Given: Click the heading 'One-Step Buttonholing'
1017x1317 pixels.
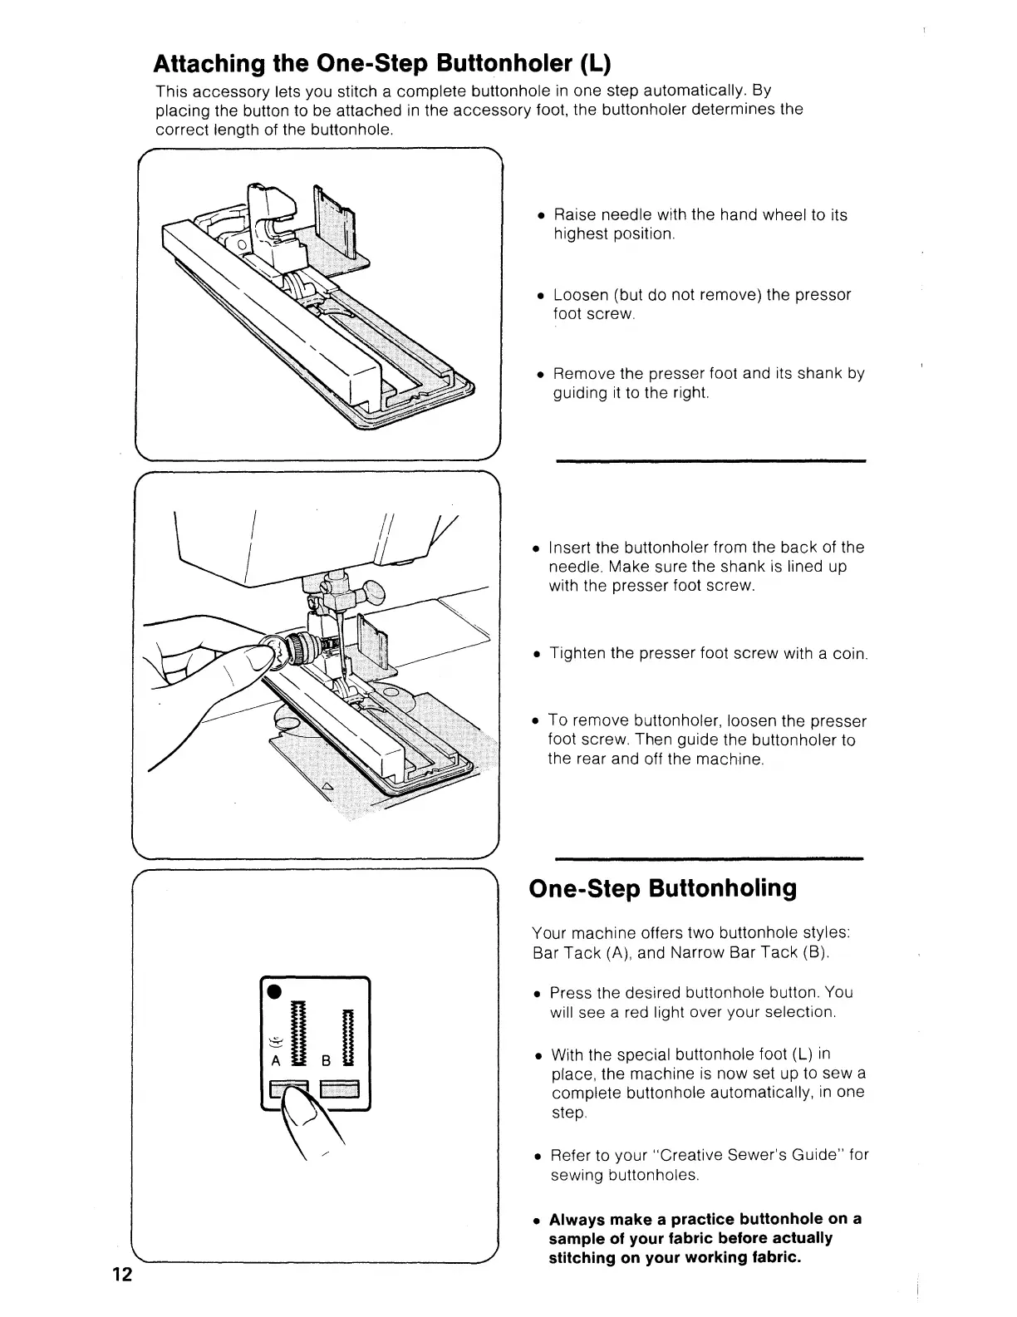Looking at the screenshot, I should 662,888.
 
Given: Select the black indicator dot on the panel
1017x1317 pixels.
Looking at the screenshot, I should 272,991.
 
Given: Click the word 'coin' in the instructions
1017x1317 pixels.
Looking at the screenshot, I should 849,654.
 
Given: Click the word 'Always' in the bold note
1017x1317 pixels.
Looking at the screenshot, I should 577,1219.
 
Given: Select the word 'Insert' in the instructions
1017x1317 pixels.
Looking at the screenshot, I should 570,548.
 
